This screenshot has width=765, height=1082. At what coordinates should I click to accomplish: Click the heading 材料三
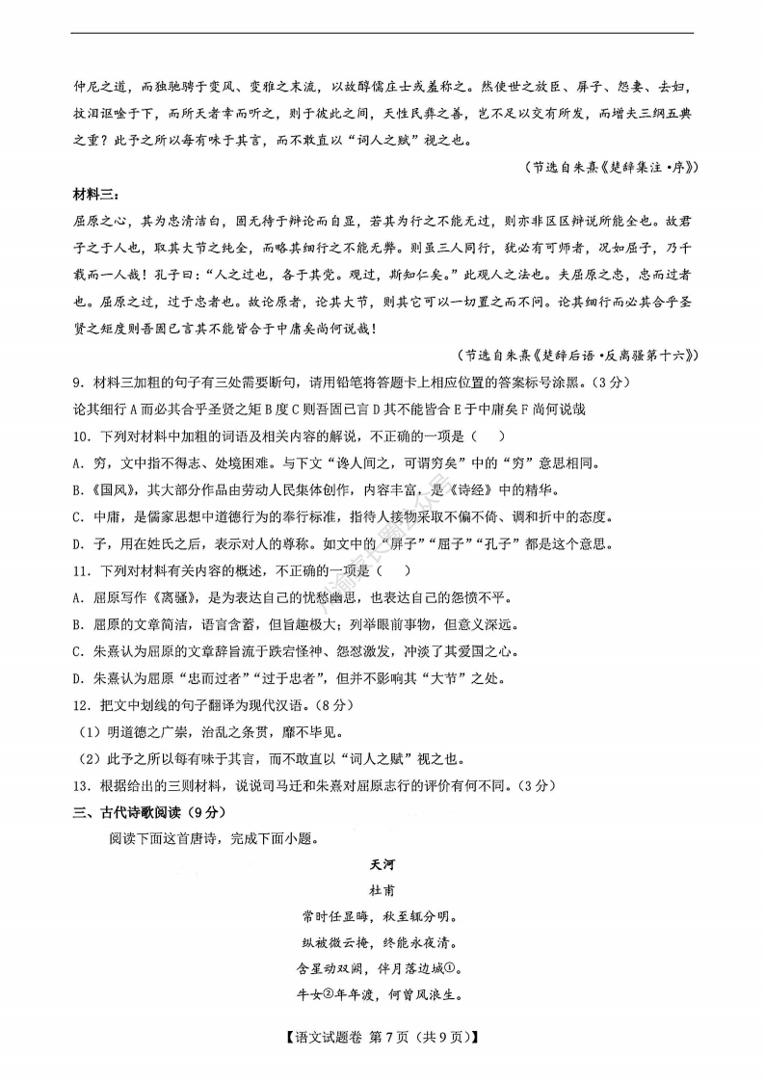[97, 195]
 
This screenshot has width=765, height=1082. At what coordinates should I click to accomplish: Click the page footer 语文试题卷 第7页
[382, 1037]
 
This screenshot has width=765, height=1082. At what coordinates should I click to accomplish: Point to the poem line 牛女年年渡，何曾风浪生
[382, 996]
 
